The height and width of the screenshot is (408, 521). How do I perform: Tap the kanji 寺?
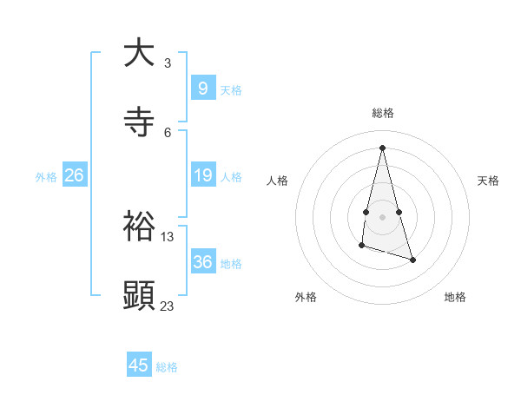click(139, 123)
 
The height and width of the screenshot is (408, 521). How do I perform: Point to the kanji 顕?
click(139, 295)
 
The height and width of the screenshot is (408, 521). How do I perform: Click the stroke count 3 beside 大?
click(168, 63)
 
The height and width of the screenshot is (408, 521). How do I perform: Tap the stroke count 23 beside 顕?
click(168, 306)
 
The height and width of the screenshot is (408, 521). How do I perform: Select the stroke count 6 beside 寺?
click(168, 132)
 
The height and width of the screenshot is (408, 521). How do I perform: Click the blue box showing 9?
click(202, 88)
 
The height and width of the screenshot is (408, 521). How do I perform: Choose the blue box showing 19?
click(202, 175)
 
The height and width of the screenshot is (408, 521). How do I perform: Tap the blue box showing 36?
click(202, 262)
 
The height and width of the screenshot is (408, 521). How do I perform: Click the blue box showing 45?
click(139, 365)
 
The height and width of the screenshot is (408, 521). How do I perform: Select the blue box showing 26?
click(74, 175)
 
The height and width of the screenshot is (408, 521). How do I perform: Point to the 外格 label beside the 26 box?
click(46, 177)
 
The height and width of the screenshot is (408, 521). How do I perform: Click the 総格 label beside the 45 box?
click(167, 367)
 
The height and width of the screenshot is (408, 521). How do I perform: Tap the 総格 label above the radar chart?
click(382, 113)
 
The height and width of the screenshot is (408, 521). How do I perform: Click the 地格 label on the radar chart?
click(455, 297)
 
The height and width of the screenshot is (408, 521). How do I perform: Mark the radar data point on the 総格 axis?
click(382, 147)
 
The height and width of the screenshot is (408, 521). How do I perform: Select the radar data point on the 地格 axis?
click(412, 260)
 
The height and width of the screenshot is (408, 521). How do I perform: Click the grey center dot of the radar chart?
click(382, 216)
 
